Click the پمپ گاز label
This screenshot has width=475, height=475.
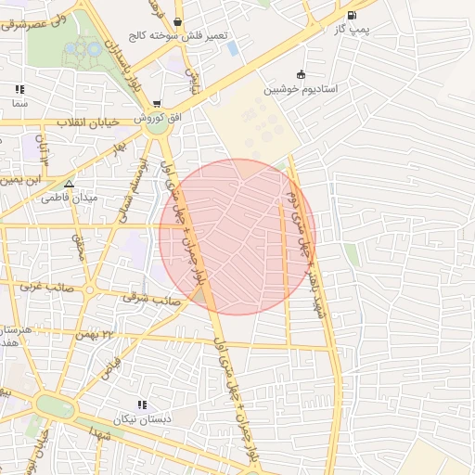[351, 30]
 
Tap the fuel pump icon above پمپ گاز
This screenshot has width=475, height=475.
[351, 15]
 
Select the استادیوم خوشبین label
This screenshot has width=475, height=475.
[300, 89]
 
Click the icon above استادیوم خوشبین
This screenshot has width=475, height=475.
[300, 74]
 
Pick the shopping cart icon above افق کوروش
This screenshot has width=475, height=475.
[158, 104]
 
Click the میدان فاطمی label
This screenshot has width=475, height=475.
[68, 198]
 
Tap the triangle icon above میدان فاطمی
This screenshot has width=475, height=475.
[69, 184]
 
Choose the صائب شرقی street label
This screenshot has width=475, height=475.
[149, 299]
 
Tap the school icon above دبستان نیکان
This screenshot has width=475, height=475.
[142, 404]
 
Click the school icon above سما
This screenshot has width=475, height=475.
[19, 90]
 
